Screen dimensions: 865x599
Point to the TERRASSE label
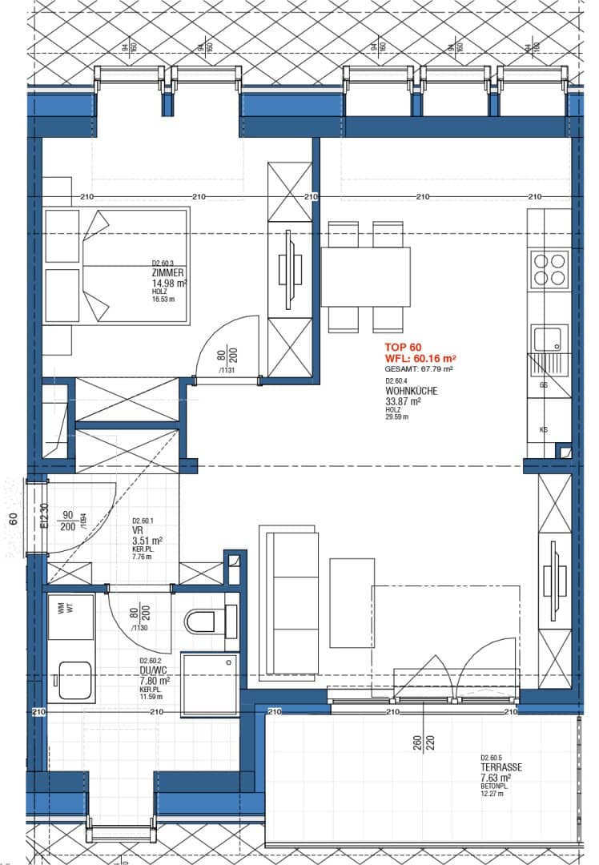tap(501, 766)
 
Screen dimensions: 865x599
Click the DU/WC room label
tap(154, 672)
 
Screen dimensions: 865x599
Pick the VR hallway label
tap(137, 530)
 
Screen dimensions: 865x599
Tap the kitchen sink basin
tap(550, 338)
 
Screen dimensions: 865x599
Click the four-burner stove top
tap(550, 269)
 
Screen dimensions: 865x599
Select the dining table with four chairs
tap(366, 276)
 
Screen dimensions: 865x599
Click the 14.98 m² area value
tap(169, 283)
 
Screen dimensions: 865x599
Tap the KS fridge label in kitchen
tap(544, 430)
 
